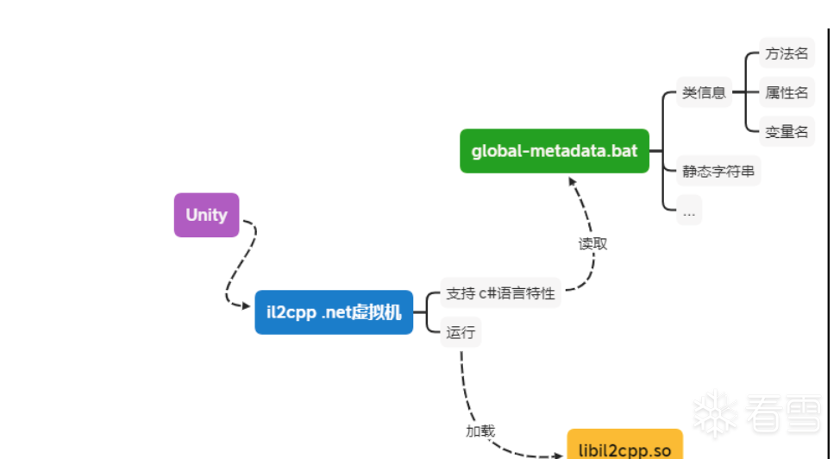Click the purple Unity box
click(206, 215)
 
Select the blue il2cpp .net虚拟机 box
click(334, 312)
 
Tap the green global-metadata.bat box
click(554, 151)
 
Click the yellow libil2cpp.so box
click(624, 448)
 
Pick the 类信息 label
click(704, 93)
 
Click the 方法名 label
click(787, 53)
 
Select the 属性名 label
click(787, 92)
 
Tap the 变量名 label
click(787, 132)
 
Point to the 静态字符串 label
click(718, 171)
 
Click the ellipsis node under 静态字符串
click(689, 210)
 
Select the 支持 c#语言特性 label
click(500, 293)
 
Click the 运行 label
click(461, 332)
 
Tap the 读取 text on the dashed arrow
click(592, 244)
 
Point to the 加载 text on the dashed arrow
click(480, 431)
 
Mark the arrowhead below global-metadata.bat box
click(570, 179)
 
